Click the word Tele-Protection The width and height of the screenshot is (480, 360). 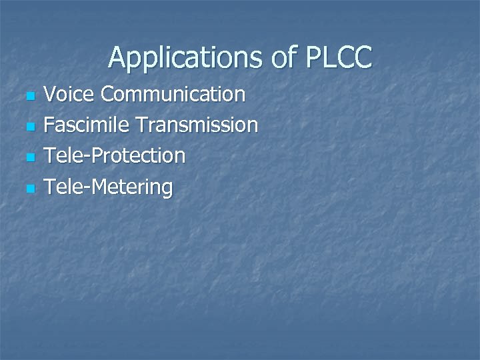click(114, 155)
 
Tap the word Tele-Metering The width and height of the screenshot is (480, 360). click(107, 187)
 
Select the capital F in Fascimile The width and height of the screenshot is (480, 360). click(49, 125)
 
